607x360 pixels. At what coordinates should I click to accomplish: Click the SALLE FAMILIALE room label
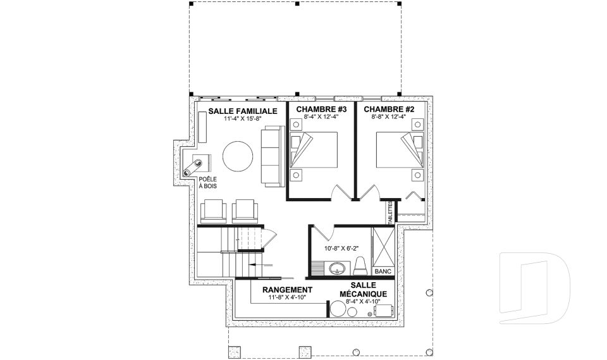[x=243, y=111]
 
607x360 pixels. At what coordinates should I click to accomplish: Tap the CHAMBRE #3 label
[x=321, y=109]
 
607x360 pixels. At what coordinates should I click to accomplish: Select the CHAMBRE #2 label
[x=389, y=109]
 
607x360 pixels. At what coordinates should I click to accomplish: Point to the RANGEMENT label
[x=287, y=290]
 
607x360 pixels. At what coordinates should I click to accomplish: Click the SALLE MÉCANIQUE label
[x=363, y=290]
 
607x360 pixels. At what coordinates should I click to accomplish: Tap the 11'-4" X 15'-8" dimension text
[x=243, y=119]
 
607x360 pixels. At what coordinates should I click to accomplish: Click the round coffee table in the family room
[x=238, y=156]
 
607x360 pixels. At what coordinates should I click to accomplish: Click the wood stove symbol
[x=196, y=166]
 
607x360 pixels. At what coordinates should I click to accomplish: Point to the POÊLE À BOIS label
[x=207, y=182]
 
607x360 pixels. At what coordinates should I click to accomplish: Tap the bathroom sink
[x=338, y=268]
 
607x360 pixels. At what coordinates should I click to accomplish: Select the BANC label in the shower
[x=383, y=271]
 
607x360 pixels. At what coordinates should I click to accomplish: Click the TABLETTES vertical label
[x=391, y=212]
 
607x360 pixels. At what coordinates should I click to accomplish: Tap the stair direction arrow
[x=261, y=265]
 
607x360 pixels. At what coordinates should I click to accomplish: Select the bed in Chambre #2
[x=400, y=150]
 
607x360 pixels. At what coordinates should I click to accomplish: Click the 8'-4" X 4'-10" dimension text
[x=363, y=301]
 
